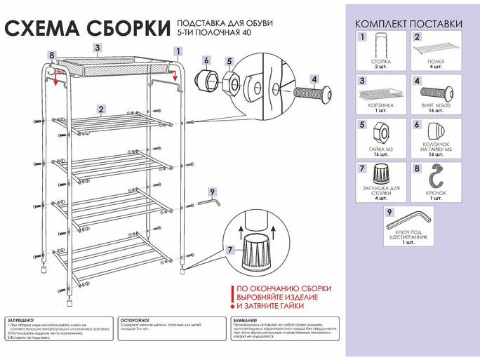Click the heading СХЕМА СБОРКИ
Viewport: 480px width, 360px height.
(x=87, y=28)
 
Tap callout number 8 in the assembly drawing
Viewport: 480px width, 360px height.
(x=51, y=55)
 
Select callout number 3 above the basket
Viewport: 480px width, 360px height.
(x=98, y=47)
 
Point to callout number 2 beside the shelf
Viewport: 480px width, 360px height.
(x=102, y=109)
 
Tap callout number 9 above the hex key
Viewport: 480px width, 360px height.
(x=211, y=190)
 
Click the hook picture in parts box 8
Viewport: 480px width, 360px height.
(x=436, y=177)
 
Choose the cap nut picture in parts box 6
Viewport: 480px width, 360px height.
(x=436, y=131)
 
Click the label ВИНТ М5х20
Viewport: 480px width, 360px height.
(x=436, y=105)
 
